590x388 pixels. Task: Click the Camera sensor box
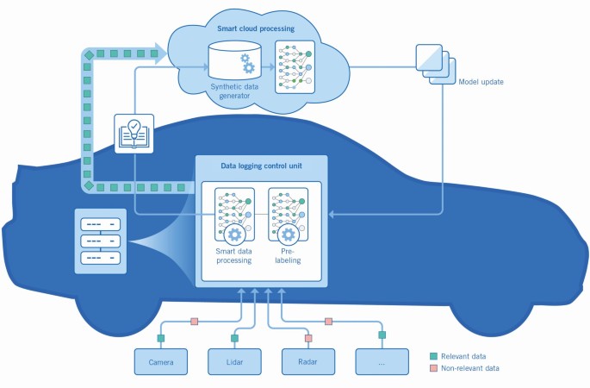[x=160, y=361]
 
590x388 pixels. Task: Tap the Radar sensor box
[x=308, y=361]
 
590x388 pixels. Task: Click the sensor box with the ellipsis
[x=382, y=361]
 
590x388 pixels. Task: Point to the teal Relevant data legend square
[x=434, y=355]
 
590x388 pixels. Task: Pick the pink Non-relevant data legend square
[x=434, y=368]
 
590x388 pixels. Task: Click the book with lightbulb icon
[x=134, y=134]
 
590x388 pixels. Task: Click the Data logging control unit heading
[x=260, y=169]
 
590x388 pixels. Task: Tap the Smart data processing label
[x=233, y=255]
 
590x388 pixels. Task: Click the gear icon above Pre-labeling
[x=289, y=235]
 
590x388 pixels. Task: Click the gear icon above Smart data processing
[x=233, y=235]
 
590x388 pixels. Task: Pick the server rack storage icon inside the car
[x=100, y=240]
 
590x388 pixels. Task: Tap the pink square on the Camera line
[x=195, y=322]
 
